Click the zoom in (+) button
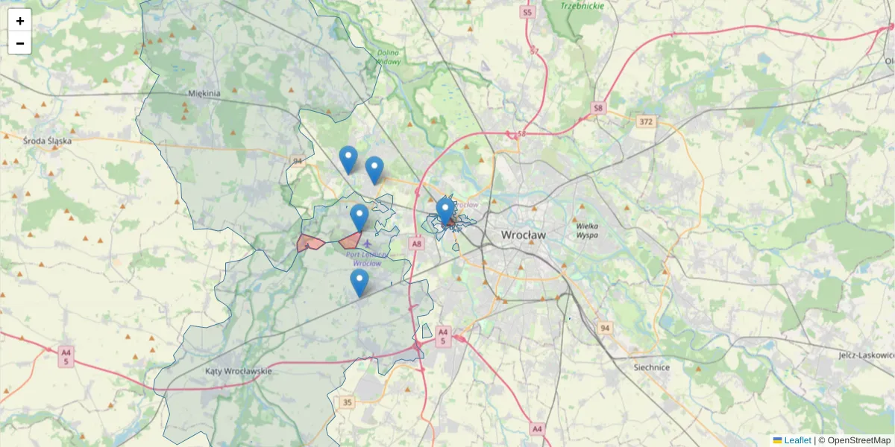click(x=20, y=21)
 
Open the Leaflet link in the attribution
click(x=797, y=440)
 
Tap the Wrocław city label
click(x=523, y=235)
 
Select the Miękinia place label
click(x=204, y=94)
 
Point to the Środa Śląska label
click(x=47, y=140)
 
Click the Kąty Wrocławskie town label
click(x=239, y=370)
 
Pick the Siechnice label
click(x=651, y=367)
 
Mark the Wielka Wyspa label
click(x=588, y=230)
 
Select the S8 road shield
click(x=598, y=109)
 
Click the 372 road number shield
click(x=647, y=121)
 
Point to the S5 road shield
click(x=528, y=13)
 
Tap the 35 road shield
click(x=348, y=402)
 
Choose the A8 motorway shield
click(x=417, y=244)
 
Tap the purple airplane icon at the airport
click(x=367, y=243)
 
